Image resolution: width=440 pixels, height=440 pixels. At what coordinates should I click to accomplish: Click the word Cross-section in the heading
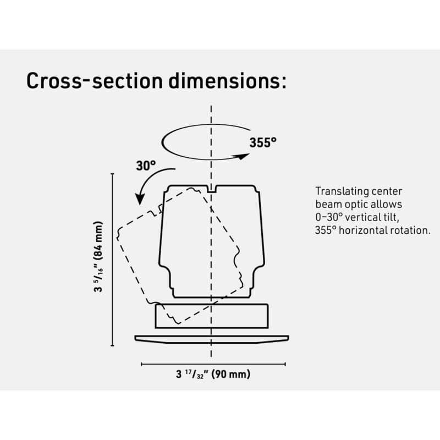pos(95,81)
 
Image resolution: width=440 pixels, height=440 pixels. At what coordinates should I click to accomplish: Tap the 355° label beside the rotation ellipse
pos(263,142)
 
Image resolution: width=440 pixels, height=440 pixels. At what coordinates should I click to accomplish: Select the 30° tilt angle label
pos(146,166)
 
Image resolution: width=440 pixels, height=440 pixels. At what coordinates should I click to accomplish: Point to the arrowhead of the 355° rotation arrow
pos(244,156)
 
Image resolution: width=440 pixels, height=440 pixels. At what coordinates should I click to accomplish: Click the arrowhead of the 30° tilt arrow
pos(140,199)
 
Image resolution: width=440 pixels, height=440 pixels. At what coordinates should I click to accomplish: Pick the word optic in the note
pos(359,204)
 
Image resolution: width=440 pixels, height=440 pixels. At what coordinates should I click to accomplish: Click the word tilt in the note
pos(391,217)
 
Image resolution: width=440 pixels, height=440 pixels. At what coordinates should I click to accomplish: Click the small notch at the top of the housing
pos(211,189)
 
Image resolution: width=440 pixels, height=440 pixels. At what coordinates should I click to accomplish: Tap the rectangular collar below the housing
pos(212,316)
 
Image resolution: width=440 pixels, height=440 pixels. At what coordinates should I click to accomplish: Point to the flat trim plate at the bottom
pos(212,339)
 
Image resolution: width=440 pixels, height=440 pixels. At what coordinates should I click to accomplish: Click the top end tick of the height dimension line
pos(113,174)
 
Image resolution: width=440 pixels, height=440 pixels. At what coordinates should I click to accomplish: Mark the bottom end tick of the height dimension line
pos(113,346)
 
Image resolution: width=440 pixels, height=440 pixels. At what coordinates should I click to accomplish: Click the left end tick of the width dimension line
pos(141,364)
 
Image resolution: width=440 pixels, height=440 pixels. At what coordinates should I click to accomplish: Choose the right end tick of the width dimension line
pos(285,364)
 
